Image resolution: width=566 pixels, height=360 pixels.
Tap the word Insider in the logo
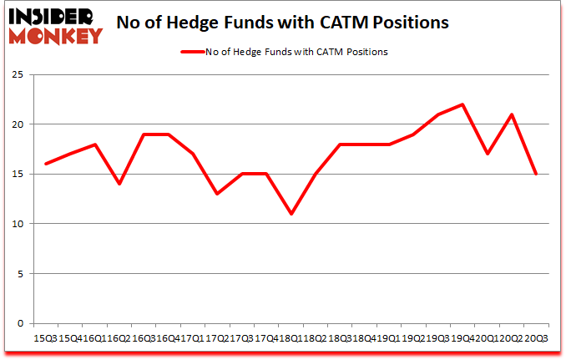pyautogui.click(x=52, y=16)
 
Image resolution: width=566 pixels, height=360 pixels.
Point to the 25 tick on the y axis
pyautogui.click(x=17, y=75)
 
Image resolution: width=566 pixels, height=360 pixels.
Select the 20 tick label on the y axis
pyautogui.click(x=17, y=124)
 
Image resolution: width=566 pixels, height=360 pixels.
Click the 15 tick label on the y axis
pyautogui.click(x=17, y=175)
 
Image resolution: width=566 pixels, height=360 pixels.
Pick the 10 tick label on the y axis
pyautogui.click(x=17, y=224)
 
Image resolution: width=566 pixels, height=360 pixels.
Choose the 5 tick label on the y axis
pyautogui.click(x=19, y=274)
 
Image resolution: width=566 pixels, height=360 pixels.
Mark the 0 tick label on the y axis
pyautogui.click(x=19, y=323)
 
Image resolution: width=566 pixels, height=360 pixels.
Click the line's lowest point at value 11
pyautogui.click(x=291, y=214)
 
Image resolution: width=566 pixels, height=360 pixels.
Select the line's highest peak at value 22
pyautogui.click(x=462, y=104)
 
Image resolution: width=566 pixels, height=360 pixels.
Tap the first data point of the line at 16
pyautogui.click(x=47, y=164)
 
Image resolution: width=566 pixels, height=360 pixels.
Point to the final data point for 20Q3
pyautogui.click(x=536, y=174)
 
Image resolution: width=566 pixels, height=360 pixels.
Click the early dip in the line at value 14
pyautogui.click(x=120, y=184)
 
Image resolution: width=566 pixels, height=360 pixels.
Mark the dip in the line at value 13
pyautogui.click(x=218, y=194)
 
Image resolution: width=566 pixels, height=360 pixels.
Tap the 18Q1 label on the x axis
pyautogui.click(x=291, y=338)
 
